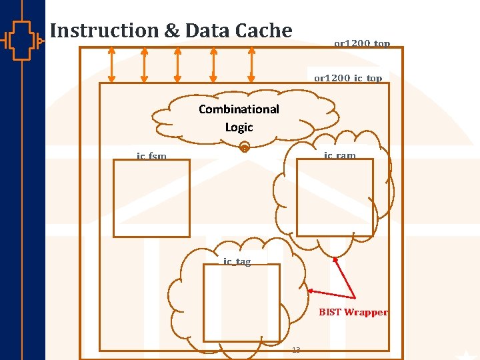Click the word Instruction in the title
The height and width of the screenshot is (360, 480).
tap(100, 31)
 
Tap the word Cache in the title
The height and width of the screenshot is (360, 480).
tap(267, 31)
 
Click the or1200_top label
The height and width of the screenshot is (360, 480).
tap(361, 44)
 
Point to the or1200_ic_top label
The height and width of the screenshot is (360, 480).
tap(348, 78)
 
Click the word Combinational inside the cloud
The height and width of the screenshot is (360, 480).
tap(239, 109)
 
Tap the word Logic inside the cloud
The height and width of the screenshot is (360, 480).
tap(239, 127)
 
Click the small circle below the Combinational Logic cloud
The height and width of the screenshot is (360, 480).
tap(245, 148)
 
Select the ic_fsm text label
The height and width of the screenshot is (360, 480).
tap(151, 156)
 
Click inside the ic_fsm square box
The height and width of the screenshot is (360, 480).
tap(151, 198)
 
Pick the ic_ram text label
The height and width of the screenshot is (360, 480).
tap(340, 155)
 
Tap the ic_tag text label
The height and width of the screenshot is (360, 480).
tap(237, 261)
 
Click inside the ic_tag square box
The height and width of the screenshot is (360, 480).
tap(241, 303)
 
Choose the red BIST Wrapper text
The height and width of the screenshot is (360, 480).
tap(353, 312)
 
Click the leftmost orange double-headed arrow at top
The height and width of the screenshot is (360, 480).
tap(111, 65)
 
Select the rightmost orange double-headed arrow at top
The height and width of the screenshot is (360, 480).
tap(251, 65)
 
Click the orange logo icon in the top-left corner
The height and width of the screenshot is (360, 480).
tap(21, 40)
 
